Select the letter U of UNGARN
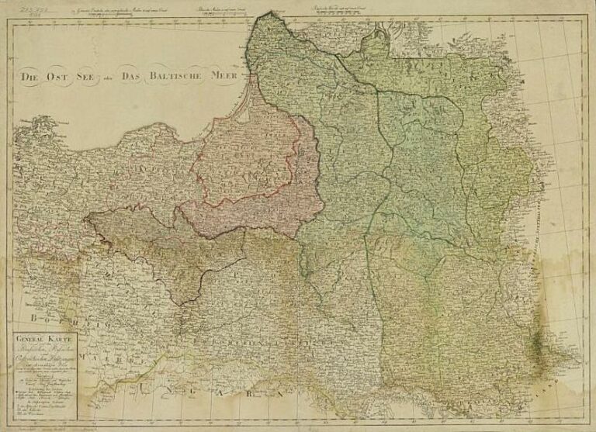click(144, 385)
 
